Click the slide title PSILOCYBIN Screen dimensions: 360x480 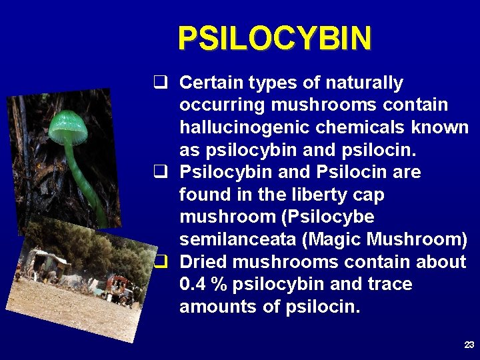(274, 39)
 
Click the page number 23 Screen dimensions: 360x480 (469, 345)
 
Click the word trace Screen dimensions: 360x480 (390, 285)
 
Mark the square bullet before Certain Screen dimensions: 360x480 (159, 83)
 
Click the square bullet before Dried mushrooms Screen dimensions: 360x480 (159, 261)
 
